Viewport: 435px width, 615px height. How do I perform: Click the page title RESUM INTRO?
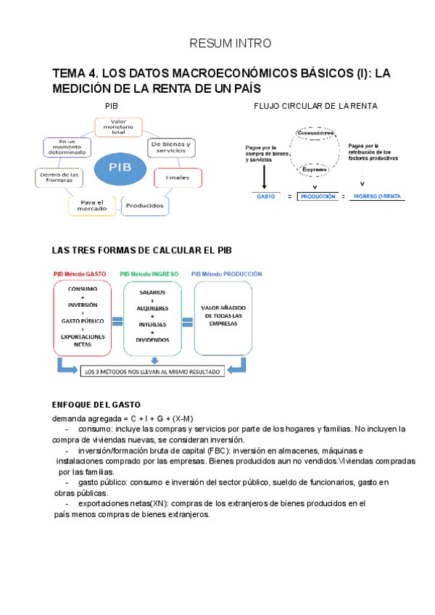pos(230,44)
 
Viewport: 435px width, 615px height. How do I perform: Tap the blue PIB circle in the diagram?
pos(120,168)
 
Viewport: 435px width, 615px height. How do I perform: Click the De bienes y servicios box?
pos(170,148)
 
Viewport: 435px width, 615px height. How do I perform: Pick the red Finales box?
pos(178,178)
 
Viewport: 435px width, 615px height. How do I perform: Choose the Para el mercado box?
pos(92,205)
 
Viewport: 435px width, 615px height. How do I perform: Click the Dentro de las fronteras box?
pos(60,177)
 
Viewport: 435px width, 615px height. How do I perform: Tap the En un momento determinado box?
pos(67,147)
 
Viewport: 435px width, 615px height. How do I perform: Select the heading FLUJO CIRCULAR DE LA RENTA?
pos(315,106)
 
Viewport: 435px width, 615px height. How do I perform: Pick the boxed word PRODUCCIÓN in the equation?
pos(319,197)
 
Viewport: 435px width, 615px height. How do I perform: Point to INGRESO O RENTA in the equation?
pos(376,197)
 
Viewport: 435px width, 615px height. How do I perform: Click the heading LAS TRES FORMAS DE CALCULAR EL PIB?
pos(142,250)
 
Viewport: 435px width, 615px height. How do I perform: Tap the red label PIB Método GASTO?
pos(80,274)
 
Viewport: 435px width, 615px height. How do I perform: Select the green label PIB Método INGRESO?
pos(152,274)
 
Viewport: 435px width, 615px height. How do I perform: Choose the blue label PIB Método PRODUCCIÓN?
pos(226,274)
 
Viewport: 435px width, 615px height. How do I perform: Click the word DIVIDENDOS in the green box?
pos(152,339)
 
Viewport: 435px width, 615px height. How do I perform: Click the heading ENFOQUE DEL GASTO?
pos(96,405)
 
